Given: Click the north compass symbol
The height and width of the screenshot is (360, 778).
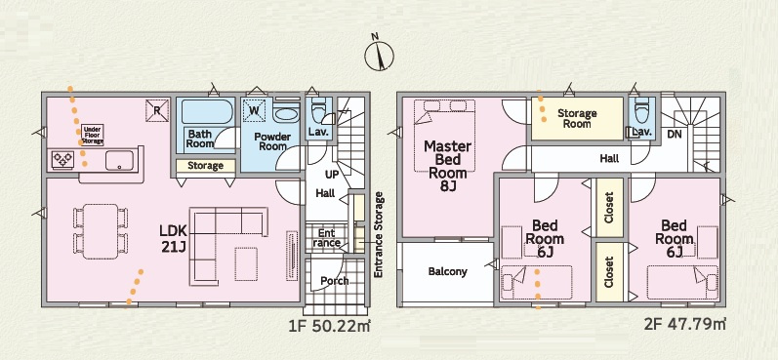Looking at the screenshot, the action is (x=379, y=55).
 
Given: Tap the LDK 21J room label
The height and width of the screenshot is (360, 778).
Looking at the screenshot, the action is (x=173, y=238).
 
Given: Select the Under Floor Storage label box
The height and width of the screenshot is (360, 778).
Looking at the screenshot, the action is (x=93, y=135).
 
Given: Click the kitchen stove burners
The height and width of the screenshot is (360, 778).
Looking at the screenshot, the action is (x=63, y=160).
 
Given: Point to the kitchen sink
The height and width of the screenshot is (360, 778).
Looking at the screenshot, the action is (x=119, y=160).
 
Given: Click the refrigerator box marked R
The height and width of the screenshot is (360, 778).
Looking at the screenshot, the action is (x=157, y=110).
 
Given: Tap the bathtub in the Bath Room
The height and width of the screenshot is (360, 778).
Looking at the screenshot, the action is (x=207, y=112).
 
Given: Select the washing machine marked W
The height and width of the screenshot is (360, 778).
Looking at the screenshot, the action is (x=254, y=110).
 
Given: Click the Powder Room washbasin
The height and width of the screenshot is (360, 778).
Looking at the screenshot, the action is (x=286, y=112).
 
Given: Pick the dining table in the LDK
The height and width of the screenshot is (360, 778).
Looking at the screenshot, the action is (x=101, y=231).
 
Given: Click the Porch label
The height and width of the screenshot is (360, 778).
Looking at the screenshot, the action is (x=335, y=281).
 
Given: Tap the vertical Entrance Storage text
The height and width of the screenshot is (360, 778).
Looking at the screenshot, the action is (x=379, y=235).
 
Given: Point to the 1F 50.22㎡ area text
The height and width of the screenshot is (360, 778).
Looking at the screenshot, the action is (x=330, y=326).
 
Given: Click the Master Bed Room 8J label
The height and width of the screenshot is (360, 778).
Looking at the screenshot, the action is (x=447, y=166).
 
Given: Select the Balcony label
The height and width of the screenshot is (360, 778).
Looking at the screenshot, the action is (x=447, y=272).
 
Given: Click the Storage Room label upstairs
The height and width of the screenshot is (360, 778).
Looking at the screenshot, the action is (x=577, y=118).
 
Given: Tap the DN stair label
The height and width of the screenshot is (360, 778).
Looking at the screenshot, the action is (x=674, y=134).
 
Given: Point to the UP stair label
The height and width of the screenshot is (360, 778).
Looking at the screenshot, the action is (x=332, y=175).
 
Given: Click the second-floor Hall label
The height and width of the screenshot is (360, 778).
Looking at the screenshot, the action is (x=609, y=159).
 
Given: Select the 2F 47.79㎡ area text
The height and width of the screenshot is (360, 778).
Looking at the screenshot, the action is (x=684, y=325).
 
